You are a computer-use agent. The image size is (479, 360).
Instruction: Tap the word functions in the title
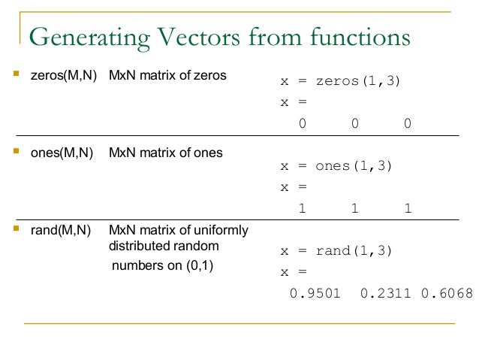[360, 38]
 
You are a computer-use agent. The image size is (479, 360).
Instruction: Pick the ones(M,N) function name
[62, 153]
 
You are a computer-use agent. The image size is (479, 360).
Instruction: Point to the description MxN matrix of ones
[166, 153]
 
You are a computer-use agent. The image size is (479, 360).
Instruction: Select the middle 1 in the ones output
[354, 208]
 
